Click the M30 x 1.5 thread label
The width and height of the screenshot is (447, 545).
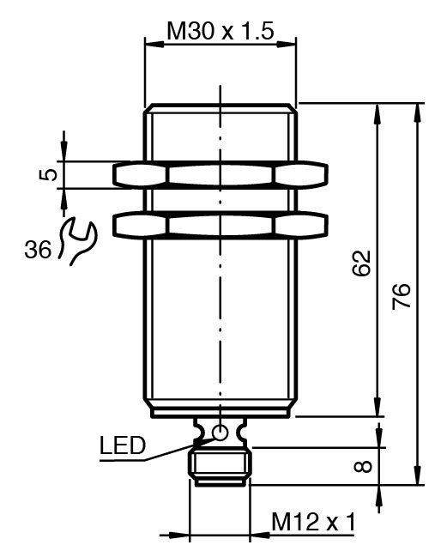click(x=220, y=31)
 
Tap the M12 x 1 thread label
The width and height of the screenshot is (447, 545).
click(x=314, y=522)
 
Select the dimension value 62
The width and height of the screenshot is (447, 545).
click(x=362, y=263)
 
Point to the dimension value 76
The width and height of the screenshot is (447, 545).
click(x=402, y=296)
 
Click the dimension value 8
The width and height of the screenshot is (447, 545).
click(x=363, y=466)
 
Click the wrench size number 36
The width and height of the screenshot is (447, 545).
click(x=38, y=249)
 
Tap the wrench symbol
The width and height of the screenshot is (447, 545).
click(x=77, y=241)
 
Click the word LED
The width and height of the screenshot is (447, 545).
click(x=122, y=445)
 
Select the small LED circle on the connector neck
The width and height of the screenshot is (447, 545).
click(x=220, y=433)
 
